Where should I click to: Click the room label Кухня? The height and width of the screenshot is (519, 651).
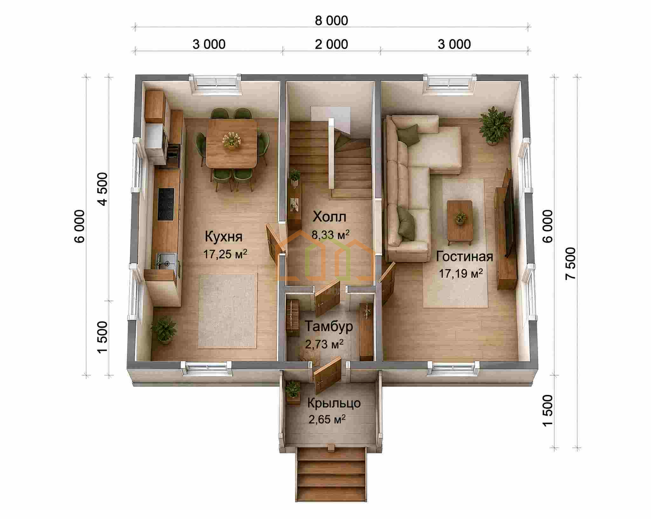point(223,237)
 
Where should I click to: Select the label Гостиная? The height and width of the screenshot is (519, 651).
point(464,256)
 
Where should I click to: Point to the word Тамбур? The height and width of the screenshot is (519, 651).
point(329,326)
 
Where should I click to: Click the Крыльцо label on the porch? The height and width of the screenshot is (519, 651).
point(334,403)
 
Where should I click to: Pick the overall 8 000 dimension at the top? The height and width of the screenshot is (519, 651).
point(332,21)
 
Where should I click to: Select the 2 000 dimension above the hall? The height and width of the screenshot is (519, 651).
point(332,44)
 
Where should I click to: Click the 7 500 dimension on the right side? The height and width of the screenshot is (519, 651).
point(571,263)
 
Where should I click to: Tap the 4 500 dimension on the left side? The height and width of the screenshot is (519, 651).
point(103,189)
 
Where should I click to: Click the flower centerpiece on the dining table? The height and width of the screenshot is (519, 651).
point(232,140)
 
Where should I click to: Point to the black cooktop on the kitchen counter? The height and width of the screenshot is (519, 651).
point(166,204)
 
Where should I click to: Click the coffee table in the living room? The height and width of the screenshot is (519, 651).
point(460,222)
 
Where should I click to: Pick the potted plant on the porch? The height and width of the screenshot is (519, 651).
point(293,392)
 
